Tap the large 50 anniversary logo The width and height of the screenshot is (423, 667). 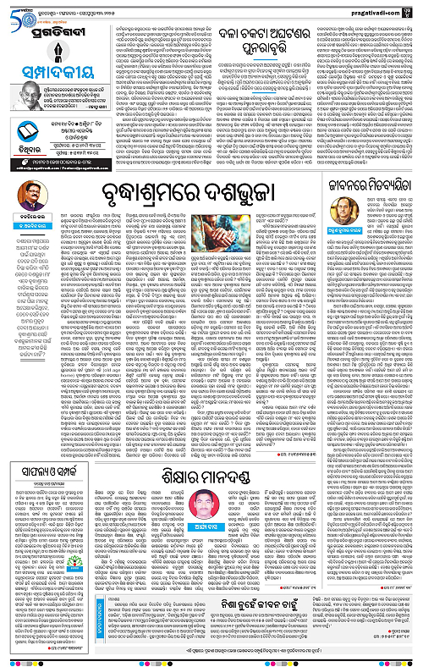click(x=19, y=14)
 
